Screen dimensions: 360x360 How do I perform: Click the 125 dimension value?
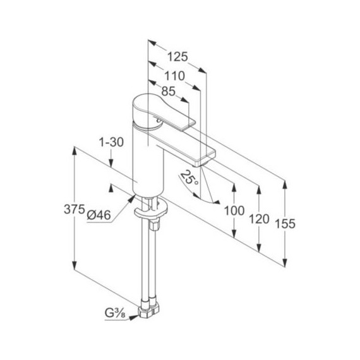pos(179,57)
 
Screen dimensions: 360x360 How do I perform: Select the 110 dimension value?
pos(174,75)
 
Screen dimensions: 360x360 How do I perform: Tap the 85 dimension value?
pos(167,92)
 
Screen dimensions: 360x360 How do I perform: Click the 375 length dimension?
pos(75,210)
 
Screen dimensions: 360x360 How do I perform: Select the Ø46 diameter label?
pos(99,215)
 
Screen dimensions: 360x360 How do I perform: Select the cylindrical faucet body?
pos(145,158)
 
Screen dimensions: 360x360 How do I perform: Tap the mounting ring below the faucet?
pos(152,205)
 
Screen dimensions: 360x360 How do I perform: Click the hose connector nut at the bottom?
pos(152,307)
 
